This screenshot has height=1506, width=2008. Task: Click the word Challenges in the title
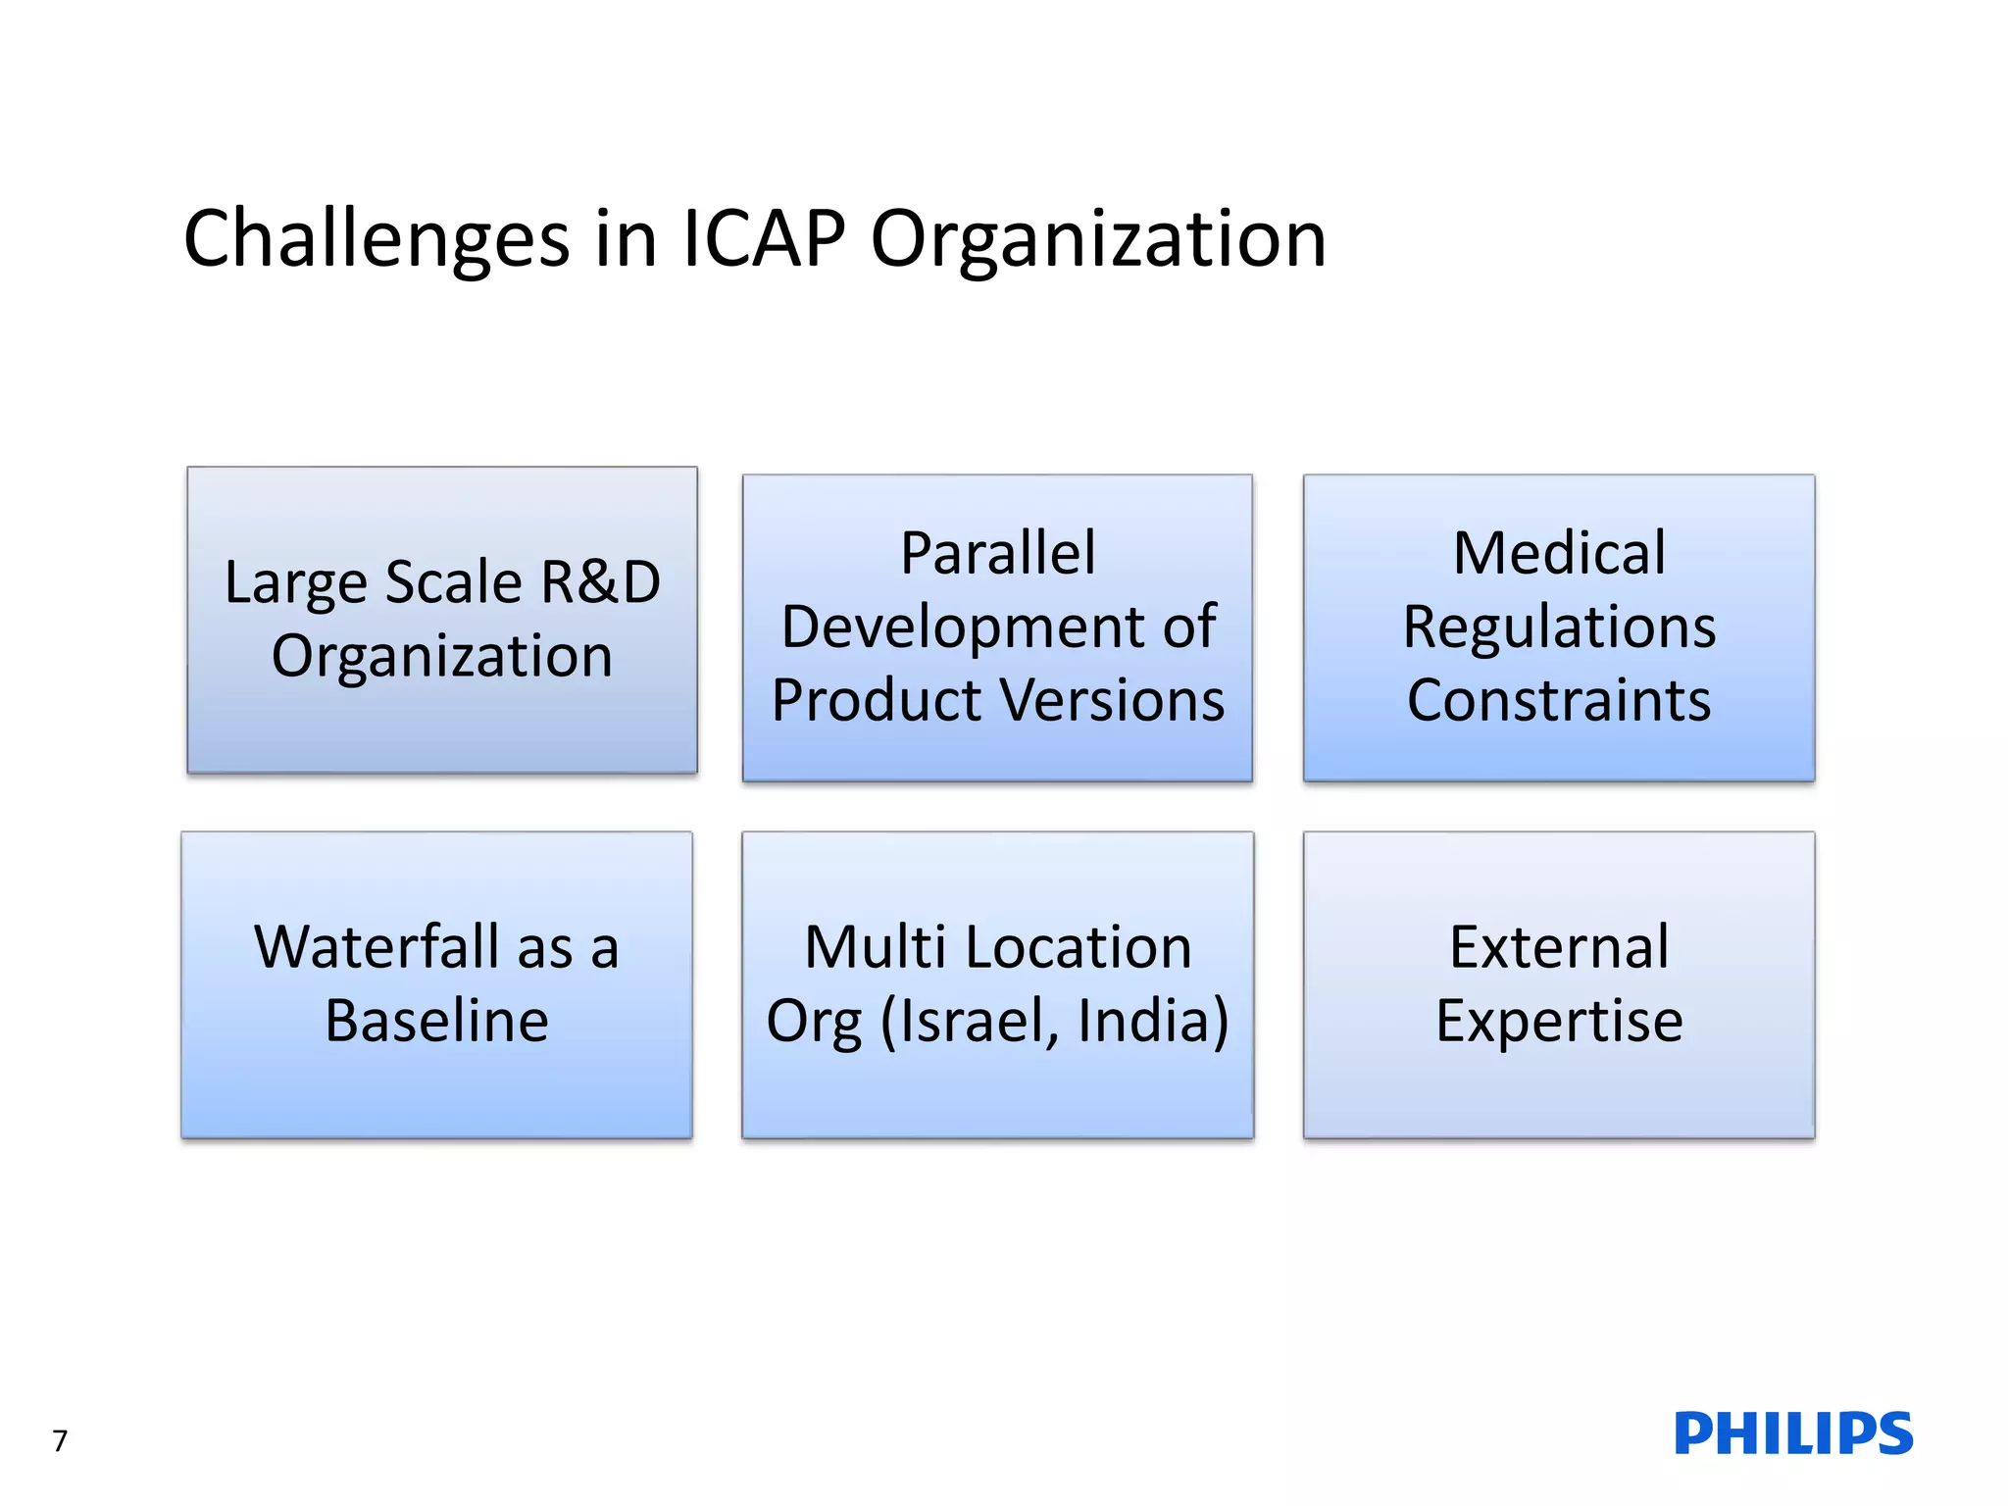[x=376, y=240]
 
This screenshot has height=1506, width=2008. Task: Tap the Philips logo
[x=1793, y=1433]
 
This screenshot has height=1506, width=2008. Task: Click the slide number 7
[x=60, y=1440]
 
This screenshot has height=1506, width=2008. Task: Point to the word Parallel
[x=997, y=553]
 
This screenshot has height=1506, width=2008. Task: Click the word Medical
[x=1558, y=553]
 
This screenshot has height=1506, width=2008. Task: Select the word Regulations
[x=1558, y=627]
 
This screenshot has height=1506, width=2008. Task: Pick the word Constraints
[x=1558, y=700]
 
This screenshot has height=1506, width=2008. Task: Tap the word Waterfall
[x=376, y=947]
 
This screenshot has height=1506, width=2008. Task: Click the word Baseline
[x=436, y=1021]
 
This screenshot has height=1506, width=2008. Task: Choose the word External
[x=1558, y=947]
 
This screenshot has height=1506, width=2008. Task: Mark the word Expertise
[x=1558, y=1021]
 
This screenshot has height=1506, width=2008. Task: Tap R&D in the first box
[x=600, y=582]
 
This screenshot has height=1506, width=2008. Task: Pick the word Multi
[x=874, y=947]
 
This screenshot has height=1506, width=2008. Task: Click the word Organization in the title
[x=1098, y=240]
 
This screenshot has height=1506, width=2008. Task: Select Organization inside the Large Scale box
[x=441, y=656]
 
